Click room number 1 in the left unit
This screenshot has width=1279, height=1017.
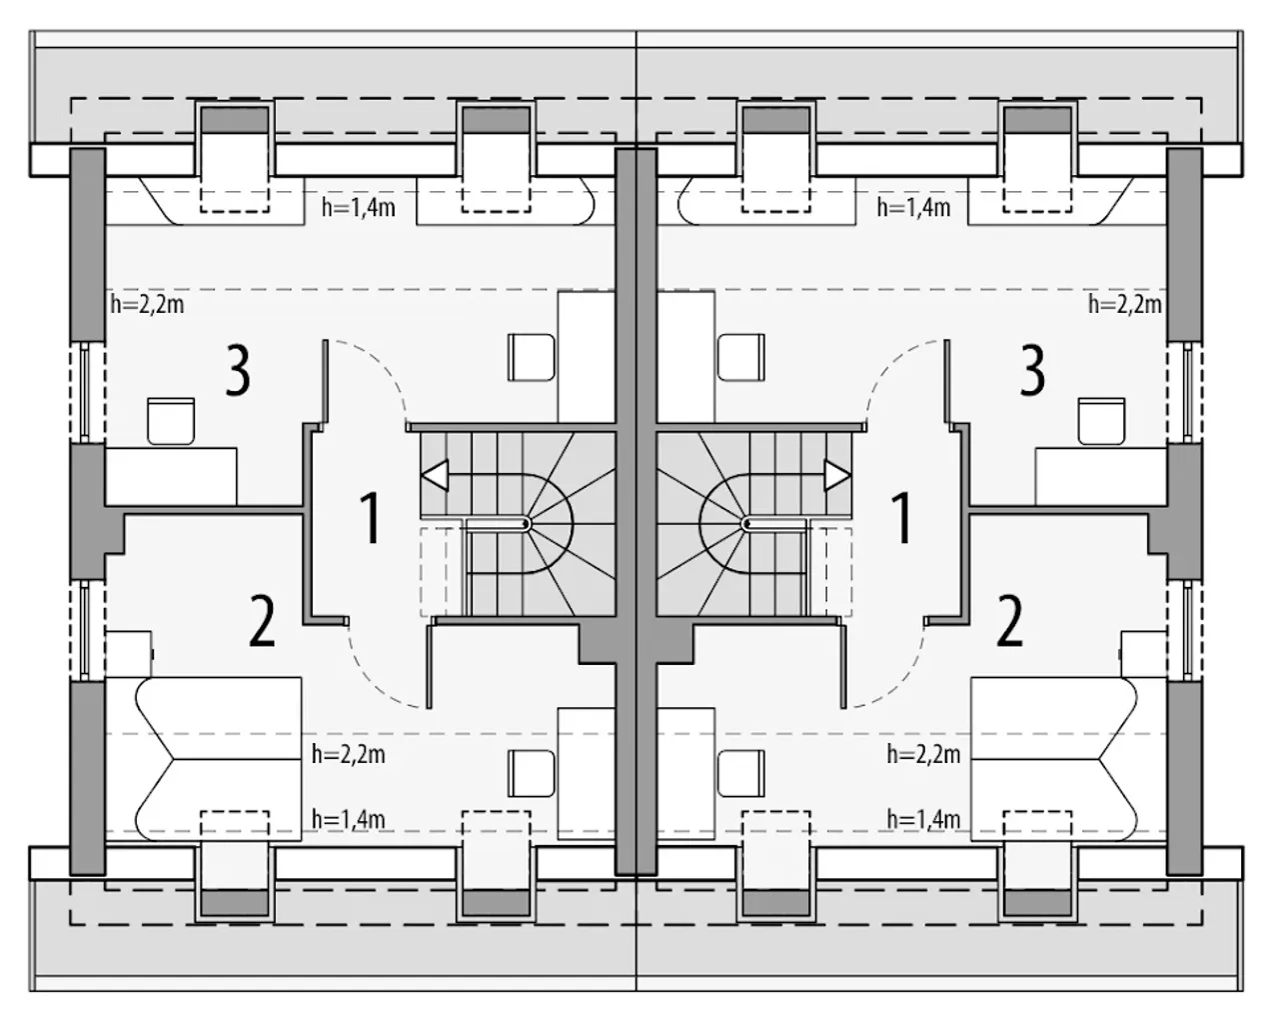[371, 518]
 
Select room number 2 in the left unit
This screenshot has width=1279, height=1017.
[262, 622]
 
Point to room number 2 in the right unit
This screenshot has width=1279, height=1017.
[1009, 622]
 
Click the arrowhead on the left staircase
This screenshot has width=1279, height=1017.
[437, 476]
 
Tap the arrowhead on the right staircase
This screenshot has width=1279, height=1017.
[836, 476]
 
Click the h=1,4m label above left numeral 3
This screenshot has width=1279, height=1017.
[359, 208]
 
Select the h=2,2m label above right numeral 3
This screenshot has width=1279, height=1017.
[1124, 305]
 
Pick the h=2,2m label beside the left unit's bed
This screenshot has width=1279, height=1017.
[349, 755]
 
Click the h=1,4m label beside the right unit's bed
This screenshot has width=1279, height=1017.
[923, 820]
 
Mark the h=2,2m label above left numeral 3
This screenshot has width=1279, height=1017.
[148, 305]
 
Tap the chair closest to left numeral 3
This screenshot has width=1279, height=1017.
[171, 421]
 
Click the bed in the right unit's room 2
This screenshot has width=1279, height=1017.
[1068, 759]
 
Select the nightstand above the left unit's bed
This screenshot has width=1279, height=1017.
[128, 654]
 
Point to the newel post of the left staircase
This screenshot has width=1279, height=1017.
[526, 524]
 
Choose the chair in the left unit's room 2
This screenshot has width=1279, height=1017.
[532, 774]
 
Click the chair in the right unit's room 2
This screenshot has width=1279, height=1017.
[740, 774]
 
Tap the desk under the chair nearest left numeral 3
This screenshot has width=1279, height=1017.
[171, 477]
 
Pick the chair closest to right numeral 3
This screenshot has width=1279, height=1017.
[1101, 421]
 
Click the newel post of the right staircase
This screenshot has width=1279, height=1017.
[747, 524]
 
